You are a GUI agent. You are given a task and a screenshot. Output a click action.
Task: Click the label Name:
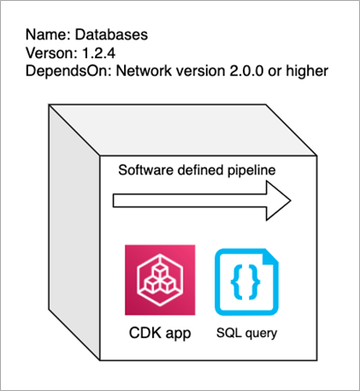pos(45,36)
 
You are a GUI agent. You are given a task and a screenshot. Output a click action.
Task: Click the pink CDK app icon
pos(160,280)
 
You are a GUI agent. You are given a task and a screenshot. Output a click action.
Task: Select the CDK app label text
pos(160,332)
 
